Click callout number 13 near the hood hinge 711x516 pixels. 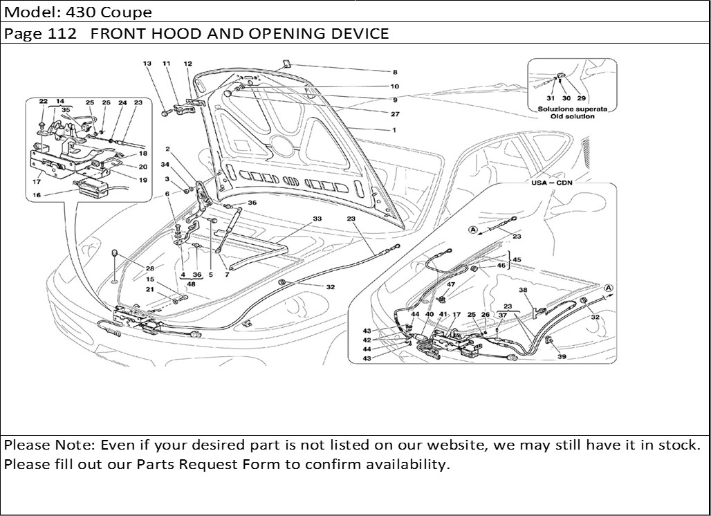click(x=147, y=63)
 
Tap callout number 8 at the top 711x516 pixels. click(x=395, y=72)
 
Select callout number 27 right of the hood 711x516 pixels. click(x=395, y=114)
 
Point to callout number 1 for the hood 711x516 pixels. click(x=394, y=130)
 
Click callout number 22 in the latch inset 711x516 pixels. click(x=43, y=102)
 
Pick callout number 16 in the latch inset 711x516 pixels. click(x=37, y=196)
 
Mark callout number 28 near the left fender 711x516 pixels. click(x=150, y=268)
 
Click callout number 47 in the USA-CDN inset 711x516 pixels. click(x=451, y=284)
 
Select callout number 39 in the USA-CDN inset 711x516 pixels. click(x=562, y=357)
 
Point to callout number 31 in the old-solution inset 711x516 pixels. click(x=551, y=99)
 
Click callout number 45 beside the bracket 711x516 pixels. click(x=517, y=259)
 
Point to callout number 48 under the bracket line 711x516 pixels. click(x=191, y=284)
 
